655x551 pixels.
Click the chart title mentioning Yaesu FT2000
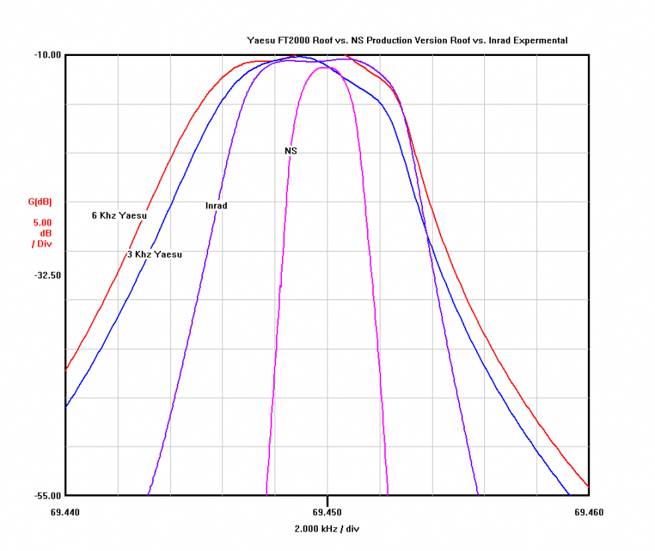pos(407,40)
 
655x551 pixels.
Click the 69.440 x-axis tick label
pos(66,512)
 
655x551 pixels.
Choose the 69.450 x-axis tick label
pos(327,512)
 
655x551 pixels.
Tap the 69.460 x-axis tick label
pos(589,512)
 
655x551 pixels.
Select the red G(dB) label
pos(40,202)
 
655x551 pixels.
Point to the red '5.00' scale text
pos(42,222)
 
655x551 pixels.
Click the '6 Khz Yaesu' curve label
pos(119,216)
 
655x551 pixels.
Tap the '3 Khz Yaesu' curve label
pos(154,255)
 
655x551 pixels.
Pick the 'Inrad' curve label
pos(216,205)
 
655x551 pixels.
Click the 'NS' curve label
pos(291,151)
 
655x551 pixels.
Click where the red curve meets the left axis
pos(66,369)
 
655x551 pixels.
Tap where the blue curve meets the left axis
pos(66,406)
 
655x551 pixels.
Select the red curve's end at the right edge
pos(588,487)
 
